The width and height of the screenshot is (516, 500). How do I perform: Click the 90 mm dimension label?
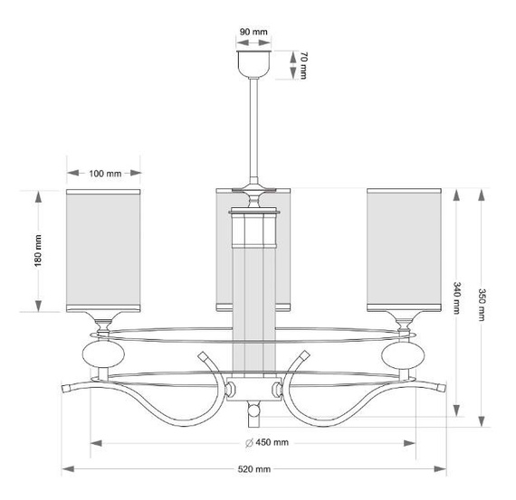[x=254, y=31]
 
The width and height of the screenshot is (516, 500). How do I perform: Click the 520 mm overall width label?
[x=254, y=469]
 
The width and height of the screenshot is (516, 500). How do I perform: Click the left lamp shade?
[x=104, y=250]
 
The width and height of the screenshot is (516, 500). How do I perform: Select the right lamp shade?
[x=403, y=250]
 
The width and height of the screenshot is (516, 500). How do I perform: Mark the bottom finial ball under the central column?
[x=254, y=413]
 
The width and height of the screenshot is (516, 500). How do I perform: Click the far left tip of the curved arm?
[x=65, y=388]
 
